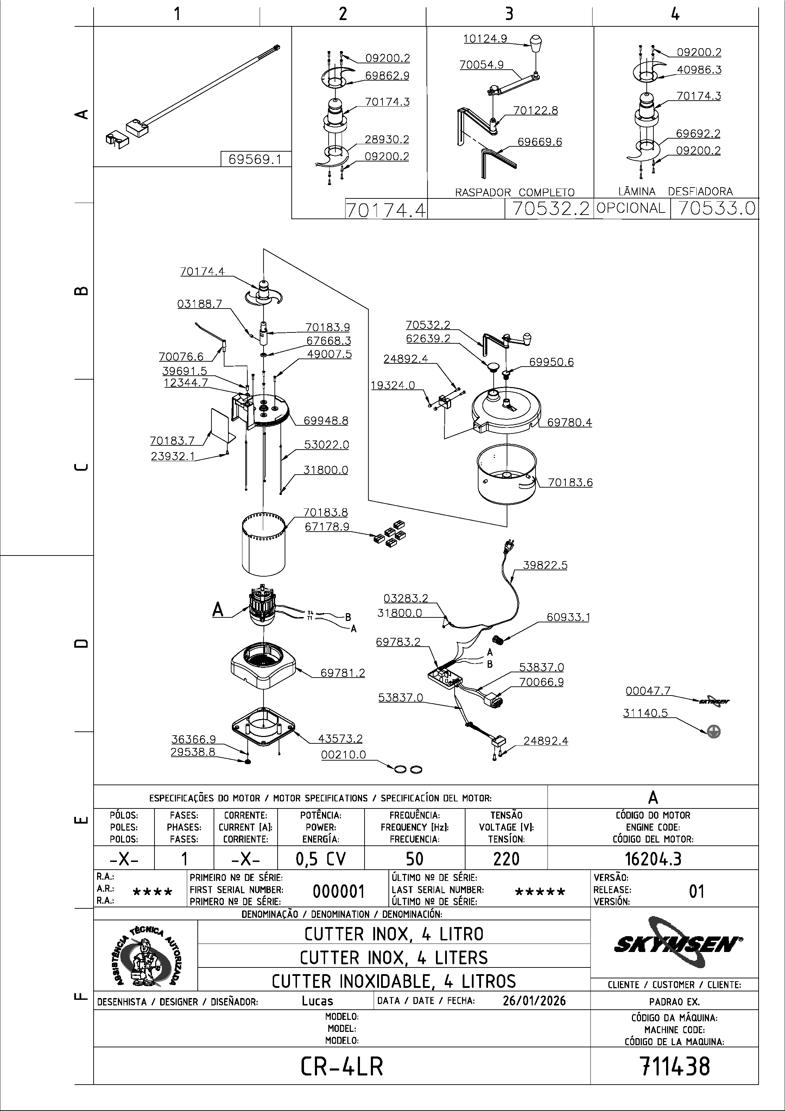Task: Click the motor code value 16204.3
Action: click(653, 859)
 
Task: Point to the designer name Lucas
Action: click(317, 1001)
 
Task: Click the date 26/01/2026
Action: click(534, 1001)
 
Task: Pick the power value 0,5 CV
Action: click(321, 859)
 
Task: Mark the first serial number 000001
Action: click(338, 891)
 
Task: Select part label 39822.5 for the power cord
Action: click(545, 565)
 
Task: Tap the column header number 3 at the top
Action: click(509, 14)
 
